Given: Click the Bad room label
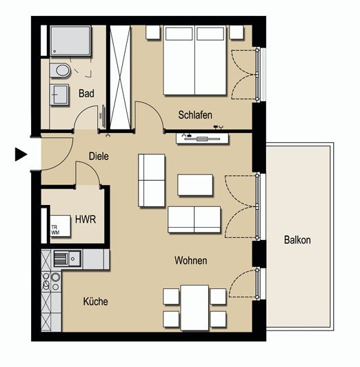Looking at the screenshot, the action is click(x=86, y=93).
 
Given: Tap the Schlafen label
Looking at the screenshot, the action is click(x=195, y=115).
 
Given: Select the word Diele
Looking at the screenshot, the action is click(x=99, y=156).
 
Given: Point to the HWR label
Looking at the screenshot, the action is click(x=86, y=219).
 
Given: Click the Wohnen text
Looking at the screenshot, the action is click(x=190, y=260).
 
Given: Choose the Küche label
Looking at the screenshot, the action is click(x=95, y=301).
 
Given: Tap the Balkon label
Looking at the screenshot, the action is click(x=297, y=240).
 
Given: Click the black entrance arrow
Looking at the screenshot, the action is click(x=21, y=155).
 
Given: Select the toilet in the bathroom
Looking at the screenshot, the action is click(x=60, y=70).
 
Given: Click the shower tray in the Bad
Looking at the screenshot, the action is click(x=70, y=41).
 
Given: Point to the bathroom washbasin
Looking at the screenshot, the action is click(x=59, y=95).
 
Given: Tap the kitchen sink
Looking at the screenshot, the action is click(x=68, y=259).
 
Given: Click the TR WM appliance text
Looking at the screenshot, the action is click(x=55, y=230).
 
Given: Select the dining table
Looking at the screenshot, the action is click(x=194, y=307).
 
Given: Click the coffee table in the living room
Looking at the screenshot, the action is click(x=195, y=185).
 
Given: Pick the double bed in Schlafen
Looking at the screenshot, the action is click(x=195, y=61).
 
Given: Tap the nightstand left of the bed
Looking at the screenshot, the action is click(x=153, y=32).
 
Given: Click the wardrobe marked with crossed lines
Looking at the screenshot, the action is click(x=120, y=77).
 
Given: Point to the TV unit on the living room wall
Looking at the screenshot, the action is click(x=203, y=139).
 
